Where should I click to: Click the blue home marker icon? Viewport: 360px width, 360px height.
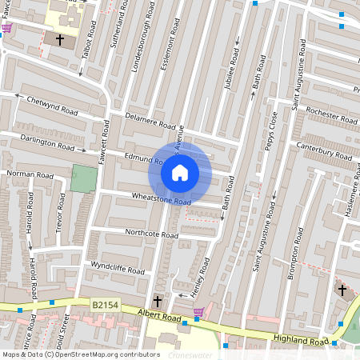[x=180, y=172]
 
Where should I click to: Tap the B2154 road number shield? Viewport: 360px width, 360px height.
[x=104, y=305]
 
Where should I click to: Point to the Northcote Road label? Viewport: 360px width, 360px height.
[x=151, y=234]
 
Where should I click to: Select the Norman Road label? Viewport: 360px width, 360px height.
[x=29, y=174]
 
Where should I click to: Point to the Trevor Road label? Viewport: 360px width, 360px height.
[x=59, y=210]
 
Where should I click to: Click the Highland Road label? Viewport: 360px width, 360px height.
[x=300, y=341]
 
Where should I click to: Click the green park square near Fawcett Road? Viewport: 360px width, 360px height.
[x=82, y=178]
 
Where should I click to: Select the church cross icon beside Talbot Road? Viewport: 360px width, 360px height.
[x=59, y=38]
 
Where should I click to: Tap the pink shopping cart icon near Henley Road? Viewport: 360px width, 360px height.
[x=198, y=311]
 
